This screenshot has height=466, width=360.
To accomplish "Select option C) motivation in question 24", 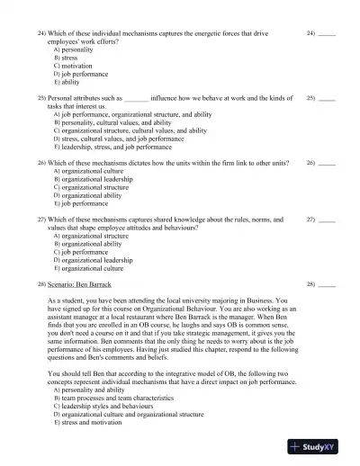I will click(x=74, y=67).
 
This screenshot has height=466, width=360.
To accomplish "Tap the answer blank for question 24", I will click(x=327, y=34).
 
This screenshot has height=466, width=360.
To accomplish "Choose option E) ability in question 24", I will click(x=68, y=82).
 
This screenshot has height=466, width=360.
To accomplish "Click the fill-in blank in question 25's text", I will click(x=136, y=97).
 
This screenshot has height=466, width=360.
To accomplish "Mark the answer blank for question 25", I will click(x=327, y=97).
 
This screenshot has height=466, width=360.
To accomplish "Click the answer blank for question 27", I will click(x=327, y=219).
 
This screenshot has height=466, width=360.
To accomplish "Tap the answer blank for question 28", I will click(x=327, y=284).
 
